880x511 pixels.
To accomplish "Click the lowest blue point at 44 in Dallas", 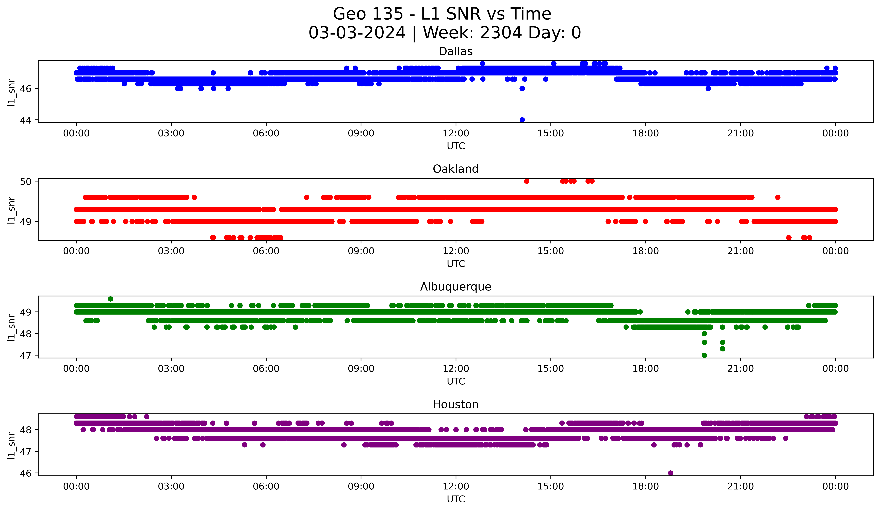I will click(522, 120).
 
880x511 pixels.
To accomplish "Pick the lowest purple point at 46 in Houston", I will click(671, 473).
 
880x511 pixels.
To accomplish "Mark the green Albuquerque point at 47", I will click(704, 355).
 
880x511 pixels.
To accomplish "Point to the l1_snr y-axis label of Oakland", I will click(11, 210).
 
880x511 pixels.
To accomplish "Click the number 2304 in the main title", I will click(501, 33).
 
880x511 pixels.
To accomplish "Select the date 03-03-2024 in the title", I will click(357, 33).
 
